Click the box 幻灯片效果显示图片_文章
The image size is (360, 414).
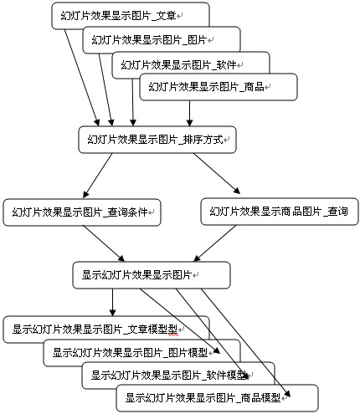click(x=131, y=16)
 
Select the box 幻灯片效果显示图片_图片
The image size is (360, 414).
click(x=162, y=40)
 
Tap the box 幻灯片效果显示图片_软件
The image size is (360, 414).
click(x=191, y=65)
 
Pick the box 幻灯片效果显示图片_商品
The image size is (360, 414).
click(x=219, y=87)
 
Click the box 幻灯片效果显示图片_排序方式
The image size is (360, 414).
click(x=157, y=140)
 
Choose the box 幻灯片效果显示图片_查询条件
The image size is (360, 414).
click(x=82, y=212)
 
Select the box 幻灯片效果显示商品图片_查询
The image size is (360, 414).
click(x=280, y=212)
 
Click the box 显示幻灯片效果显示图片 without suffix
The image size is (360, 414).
click(x=152, y=275)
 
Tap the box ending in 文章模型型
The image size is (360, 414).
click(x=106, y=330)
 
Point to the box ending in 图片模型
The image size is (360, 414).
click(x=141, y=353)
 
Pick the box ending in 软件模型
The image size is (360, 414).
click(x=178, y=376)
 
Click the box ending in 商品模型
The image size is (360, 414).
click(x=217, y=398)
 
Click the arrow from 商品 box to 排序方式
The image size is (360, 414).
click(x=190, y=113)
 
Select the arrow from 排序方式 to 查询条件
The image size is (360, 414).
click(x=97, y=176)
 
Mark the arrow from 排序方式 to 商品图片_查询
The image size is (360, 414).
click(x=217, y=173)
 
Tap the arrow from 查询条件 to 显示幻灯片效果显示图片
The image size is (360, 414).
click(x=104, y=243)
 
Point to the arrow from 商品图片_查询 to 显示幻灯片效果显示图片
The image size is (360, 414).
click(x=215, y=243)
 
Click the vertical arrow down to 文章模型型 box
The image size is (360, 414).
click(x=112, y=302)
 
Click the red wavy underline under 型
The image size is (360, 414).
click(x=172, y=335)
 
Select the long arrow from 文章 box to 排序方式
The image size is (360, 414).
click(x=82, y=78)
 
